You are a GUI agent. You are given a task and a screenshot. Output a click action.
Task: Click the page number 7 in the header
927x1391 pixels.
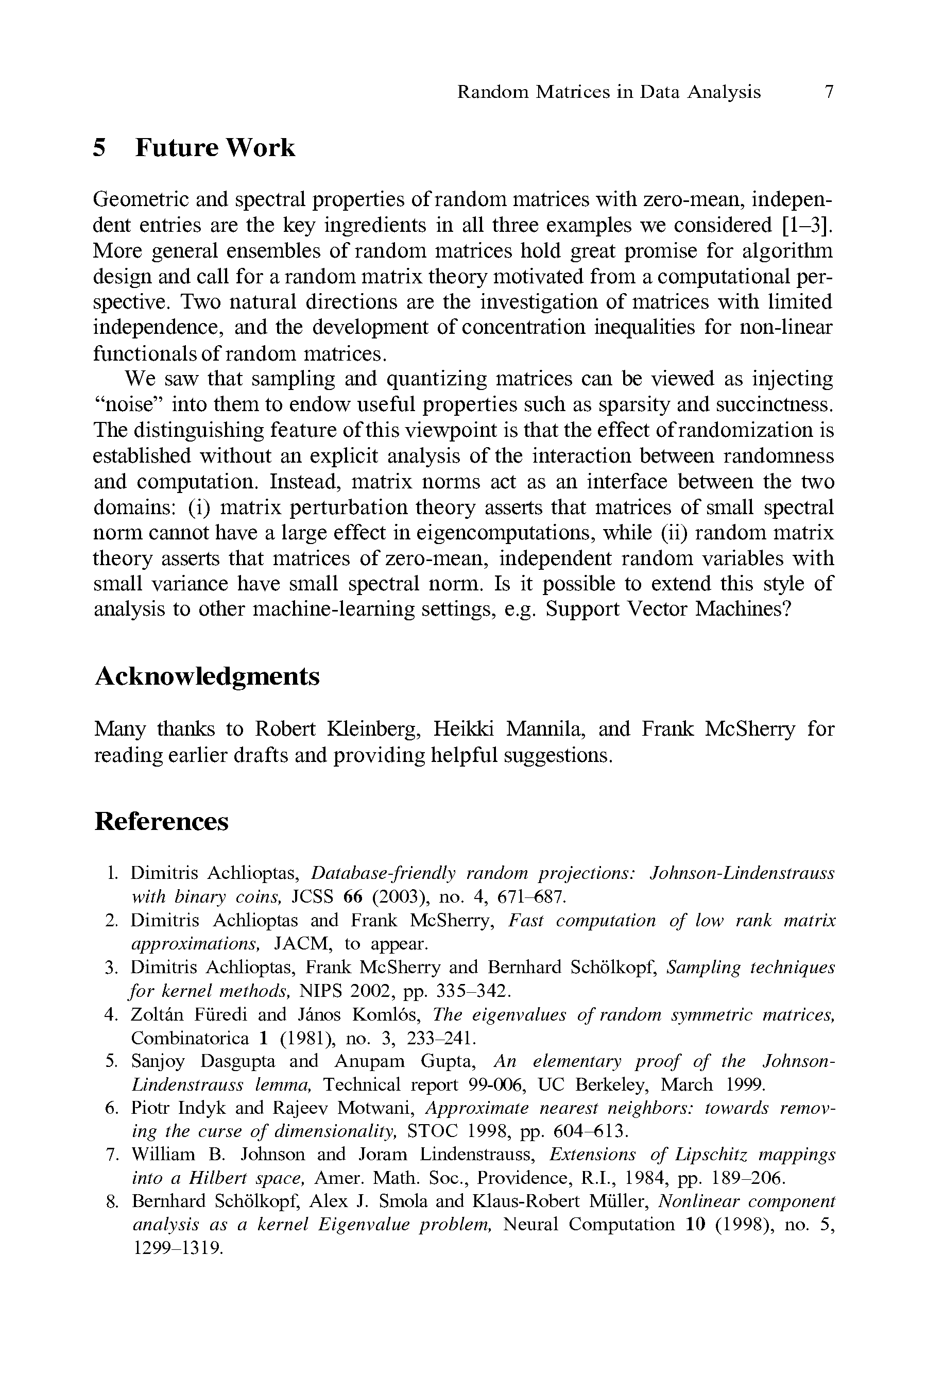point(829,92)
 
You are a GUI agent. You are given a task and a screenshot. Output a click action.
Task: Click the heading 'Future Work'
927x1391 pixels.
point(215,147)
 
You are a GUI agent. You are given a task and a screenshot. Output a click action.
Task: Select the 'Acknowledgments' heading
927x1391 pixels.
point(207,675)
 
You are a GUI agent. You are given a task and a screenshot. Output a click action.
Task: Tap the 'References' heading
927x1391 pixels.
point(161,821)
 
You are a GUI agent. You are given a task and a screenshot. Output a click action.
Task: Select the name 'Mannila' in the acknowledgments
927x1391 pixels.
point(544,728)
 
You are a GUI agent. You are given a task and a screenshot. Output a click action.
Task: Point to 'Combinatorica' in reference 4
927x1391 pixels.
point(190,1038)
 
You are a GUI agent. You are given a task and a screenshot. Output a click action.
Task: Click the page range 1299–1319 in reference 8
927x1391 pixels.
point(177,1248)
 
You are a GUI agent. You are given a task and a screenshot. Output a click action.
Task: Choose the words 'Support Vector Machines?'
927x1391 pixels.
point(668,608)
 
